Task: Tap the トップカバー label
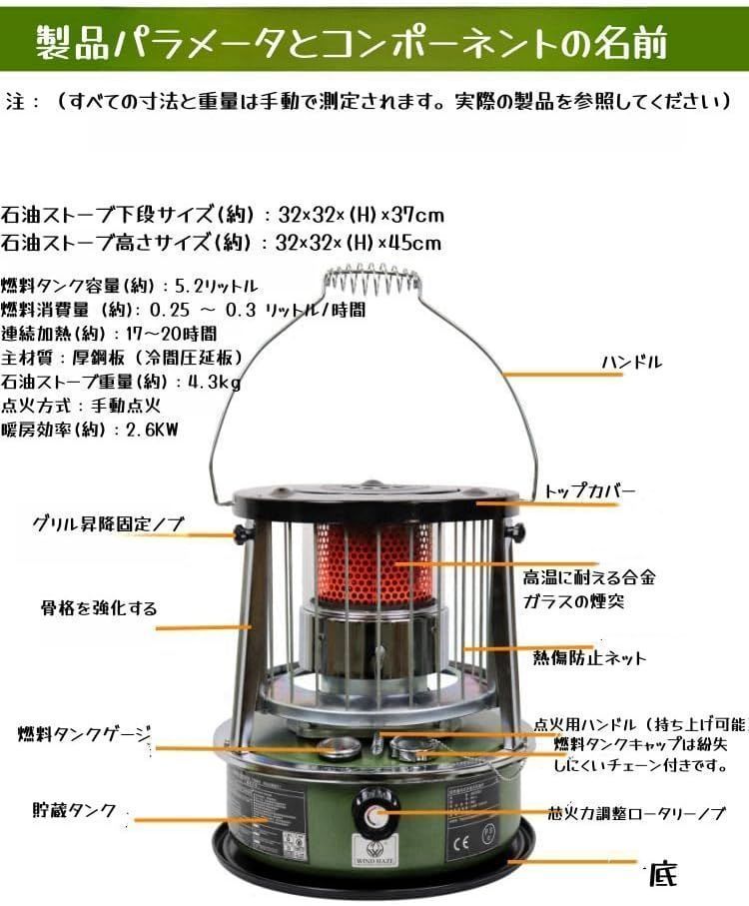(590, 491)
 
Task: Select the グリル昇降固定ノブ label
(108, 522)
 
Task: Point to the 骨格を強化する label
(99, 607)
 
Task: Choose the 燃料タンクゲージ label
(85, 734)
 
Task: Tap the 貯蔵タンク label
(74, 809)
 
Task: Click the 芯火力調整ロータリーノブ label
(637, 813)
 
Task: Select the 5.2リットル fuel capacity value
(217, 283)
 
